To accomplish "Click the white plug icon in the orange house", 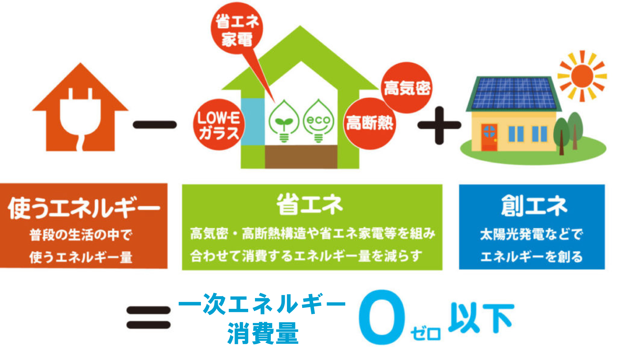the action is pos(80,116).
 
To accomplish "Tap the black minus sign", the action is pos(155,125).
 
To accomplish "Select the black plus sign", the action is pos(439,125).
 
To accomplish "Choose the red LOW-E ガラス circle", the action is pos(219,125).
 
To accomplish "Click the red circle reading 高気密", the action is pos(407,88).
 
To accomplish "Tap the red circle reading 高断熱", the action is pos(369,123).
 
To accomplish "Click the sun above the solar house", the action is pos(582,76).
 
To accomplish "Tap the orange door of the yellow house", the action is pos(489,137).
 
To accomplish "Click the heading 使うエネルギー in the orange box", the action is pos(84,208).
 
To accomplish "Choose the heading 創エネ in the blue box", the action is pos(534,205).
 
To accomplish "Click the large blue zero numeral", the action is pos(382,317).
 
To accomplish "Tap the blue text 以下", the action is pos(481,318).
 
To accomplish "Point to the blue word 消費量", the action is pos(263,333).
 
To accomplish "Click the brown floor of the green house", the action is pos(301,157).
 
